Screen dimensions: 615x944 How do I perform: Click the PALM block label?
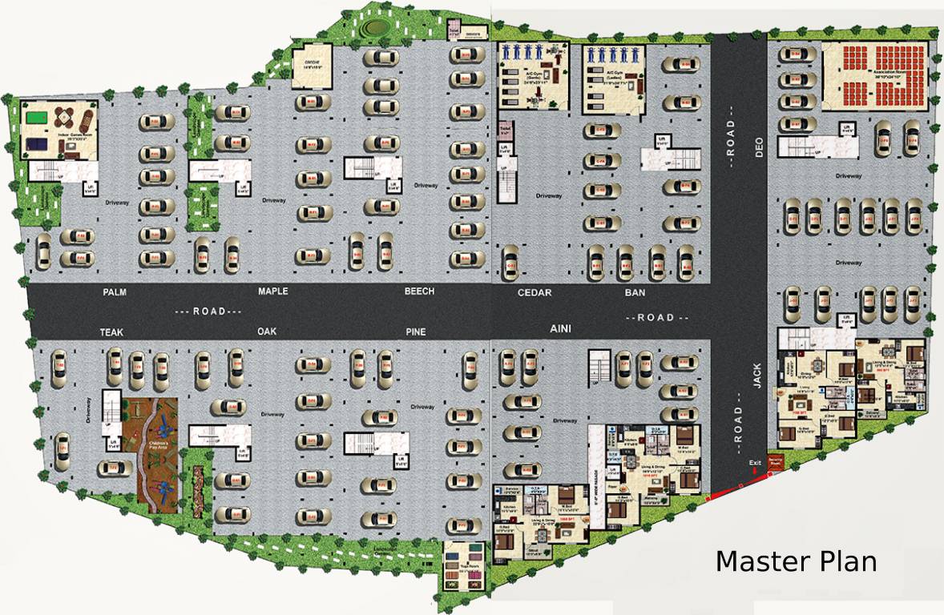115,292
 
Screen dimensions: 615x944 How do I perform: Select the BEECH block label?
419,291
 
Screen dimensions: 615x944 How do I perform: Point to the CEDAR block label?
535,293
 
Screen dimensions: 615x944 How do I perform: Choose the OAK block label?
267,332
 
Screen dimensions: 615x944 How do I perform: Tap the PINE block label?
416,332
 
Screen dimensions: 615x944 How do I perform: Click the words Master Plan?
795,561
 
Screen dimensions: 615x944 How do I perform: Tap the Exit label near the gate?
754,463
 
